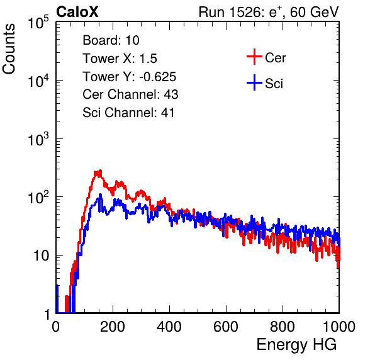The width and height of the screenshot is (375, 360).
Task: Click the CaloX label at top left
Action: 77,12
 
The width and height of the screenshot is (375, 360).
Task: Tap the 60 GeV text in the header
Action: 314,12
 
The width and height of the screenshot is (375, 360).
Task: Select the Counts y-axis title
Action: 9,49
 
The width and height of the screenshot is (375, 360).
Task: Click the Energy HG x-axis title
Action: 296,344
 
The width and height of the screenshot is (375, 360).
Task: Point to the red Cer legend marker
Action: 254,57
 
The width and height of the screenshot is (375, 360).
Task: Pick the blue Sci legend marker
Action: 254,82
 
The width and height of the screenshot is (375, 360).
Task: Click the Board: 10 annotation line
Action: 111,40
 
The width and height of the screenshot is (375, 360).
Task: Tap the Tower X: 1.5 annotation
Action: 120,59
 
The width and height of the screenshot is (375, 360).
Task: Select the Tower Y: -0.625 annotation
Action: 130,77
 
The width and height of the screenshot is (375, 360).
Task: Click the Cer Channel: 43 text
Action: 130,94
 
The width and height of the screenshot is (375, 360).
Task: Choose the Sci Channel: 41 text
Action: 128,113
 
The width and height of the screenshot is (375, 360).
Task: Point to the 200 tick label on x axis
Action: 113,327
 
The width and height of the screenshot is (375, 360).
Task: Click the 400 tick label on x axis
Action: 169,327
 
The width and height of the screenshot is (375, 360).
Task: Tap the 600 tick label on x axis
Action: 226,327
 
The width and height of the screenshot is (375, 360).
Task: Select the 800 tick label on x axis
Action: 283,327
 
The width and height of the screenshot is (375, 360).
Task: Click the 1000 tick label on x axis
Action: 339,327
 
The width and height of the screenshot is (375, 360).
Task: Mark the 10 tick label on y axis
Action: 42,256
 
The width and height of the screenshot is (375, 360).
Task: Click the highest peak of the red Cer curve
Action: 101,171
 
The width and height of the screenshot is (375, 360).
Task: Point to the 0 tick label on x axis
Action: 55,327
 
